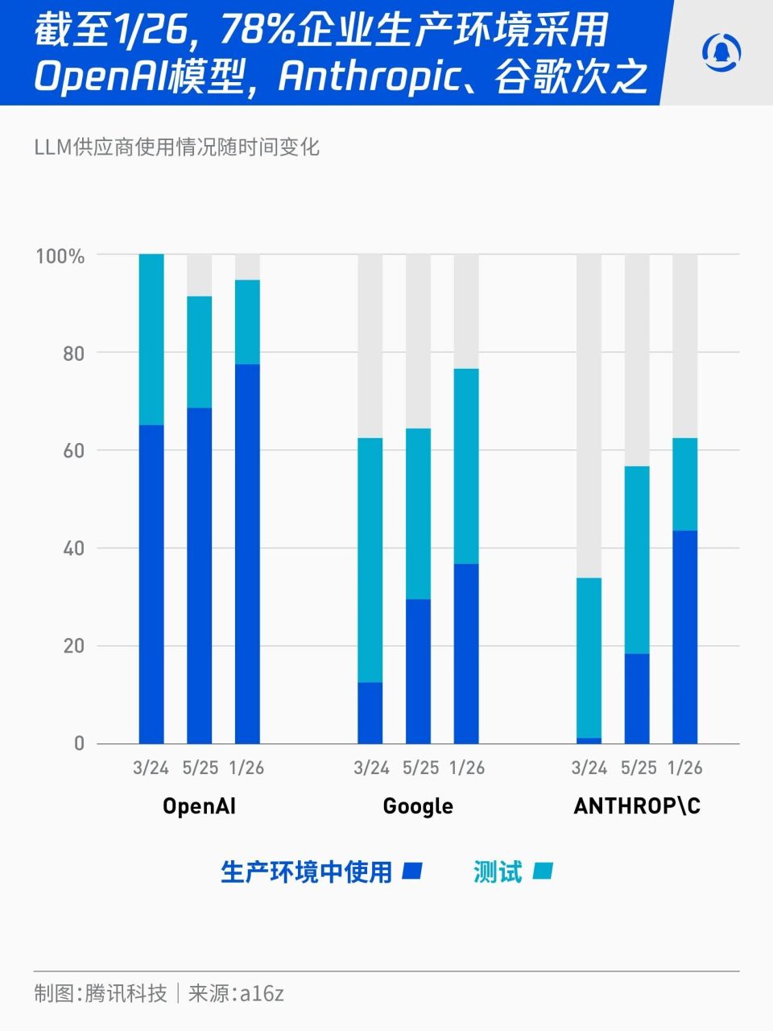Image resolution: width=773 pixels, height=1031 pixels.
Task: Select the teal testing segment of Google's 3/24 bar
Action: tap(370, 560)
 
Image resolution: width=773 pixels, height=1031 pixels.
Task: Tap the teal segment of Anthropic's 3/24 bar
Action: tap(589, 657)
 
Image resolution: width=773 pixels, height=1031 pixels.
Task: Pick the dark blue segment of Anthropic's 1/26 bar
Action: tap(685, 637)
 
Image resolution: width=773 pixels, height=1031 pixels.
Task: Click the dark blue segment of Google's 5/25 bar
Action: tap(418, 671)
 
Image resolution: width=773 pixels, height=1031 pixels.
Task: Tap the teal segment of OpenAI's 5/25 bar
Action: tap(200, 352)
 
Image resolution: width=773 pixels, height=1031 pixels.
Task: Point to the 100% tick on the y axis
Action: tap(60, 256)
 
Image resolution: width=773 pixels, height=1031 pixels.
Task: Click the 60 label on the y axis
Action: tap(73, 450)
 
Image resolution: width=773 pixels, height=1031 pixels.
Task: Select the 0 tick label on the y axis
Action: tap(79, 743)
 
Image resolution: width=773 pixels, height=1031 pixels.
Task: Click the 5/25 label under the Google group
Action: tap(420, 768)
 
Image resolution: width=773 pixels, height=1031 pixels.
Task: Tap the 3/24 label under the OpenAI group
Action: tap(151, 768)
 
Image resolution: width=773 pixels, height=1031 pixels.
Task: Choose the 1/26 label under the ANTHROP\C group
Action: tap(685, 768)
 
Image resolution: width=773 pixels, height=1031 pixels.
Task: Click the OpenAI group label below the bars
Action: tap(199, 806)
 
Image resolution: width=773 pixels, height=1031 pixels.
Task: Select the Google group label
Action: tap(418, 806)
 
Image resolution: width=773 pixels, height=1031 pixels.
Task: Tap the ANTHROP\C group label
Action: tap(637, 806)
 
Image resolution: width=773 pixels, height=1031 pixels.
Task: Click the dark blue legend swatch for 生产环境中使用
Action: tap(412, 871)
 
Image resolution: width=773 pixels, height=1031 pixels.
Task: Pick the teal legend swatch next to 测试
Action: tap(543, 871)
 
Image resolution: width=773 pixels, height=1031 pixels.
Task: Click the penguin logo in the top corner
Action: tap(721, 53)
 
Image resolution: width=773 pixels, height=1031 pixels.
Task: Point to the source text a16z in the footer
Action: tap(262, 993)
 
